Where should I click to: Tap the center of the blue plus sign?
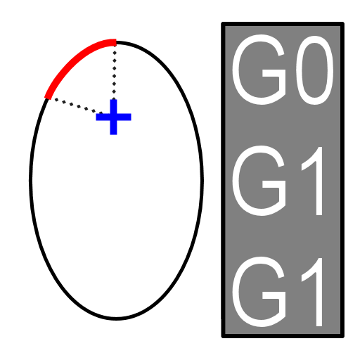click(113, 117)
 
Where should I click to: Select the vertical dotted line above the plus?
click(115, 71)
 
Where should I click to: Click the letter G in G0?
click(259, 70)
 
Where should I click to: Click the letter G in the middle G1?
click(259, 181)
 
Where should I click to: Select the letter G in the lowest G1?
click(259, 292)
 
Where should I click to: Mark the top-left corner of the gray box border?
click(224, 24)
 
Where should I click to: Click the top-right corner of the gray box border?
click(342, 24)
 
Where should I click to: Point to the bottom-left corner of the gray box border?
click(224, 336)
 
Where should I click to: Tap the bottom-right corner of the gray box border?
click(342, 336)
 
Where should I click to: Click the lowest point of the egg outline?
click(116, 319)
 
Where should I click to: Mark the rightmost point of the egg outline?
click(202, 181)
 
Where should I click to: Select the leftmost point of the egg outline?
click(30, 181)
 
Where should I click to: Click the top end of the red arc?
click(116, 42)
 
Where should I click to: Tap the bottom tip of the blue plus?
click(113, 134)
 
